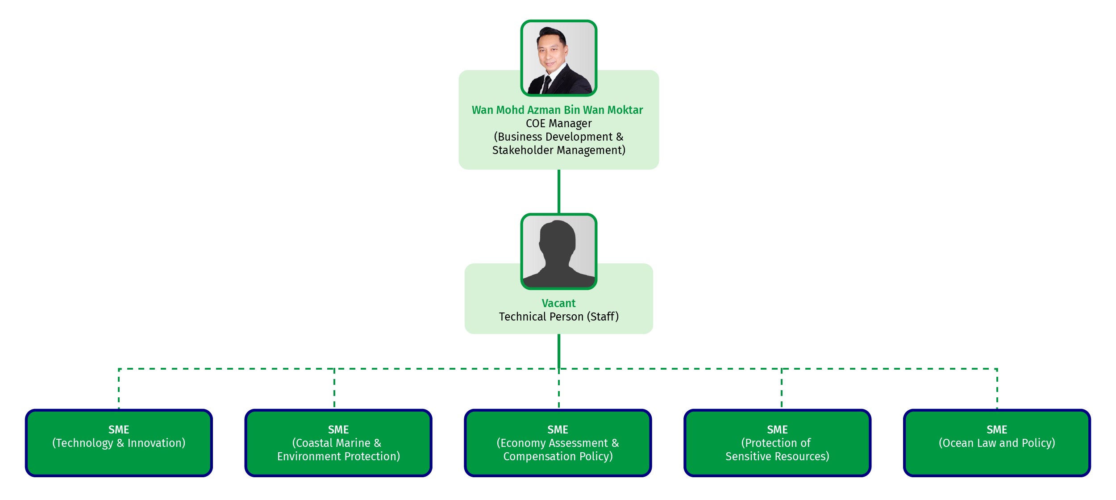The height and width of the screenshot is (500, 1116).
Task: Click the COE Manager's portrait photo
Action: pos(558,58)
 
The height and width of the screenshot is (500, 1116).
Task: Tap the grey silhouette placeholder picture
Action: pos(558,252)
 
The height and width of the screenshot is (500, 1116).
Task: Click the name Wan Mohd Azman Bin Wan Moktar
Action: pos(557,110)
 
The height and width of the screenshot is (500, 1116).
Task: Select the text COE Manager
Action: pos(558,123)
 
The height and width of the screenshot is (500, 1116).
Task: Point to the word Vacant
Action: pos(558,303)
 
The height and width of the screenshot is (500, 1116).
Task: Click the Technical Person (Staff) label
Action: pos(558,317)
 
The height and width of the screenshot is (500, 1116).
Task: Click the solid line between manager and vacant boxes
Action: pos(558,191)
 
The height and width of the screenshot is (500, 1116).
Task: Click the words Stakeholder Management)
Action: pos(558,150)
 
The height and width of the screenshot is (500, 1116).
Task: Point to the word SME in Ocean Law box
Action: pos(997,429)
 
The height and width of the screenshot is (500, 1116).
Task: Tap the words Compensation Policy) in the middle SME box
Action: pos(558,456)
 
